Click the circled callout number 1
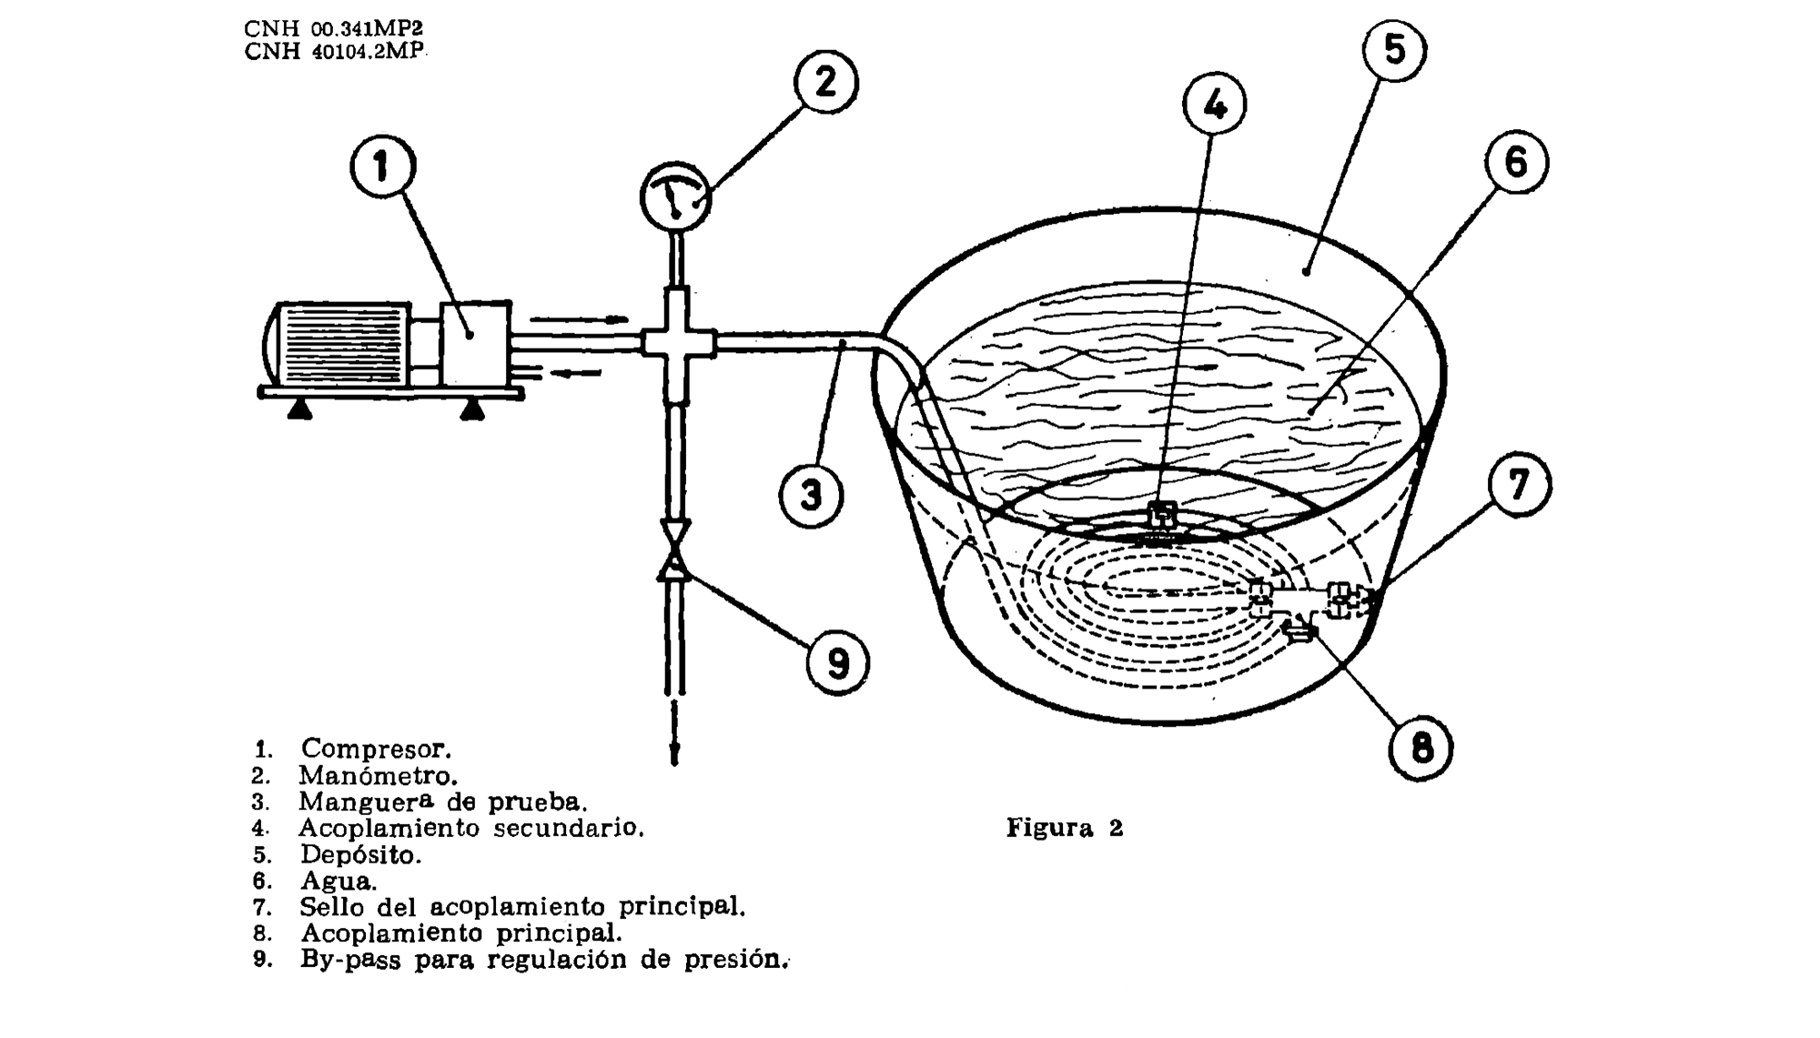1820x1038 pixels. (x=382, y=166)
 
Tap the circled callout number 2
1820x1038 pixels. (x=826, y=82)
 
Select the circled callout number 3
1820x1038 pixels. (x=811, y=496)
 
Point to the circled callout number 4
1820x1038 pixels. (x=1215, y=105)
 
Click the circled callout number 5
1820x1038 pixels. (x=1395, y=49)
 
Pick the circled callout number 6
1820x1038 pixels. (x=1516, y=162)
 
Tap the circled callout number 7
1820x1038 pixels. (x=1520, y=485)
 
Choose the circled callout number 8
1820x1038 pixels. (x=1421, y=749)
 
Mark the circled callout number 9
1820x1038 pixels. (x=838, y=664)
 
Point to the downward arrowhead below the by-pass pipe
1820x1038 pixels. (x=675, y=754)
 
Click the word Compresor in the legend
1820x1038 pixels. (x=376, y=749)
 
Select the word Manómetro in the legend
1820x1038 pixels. (x=378, y=776)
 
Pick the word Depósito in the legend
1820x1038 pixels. (x=360, y=855)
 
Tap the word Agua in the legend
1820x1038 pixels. (x=339, y=882)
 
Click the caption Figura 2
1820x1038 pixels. (x=1065, y=828)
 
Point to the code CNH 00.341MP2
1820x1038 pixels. (x=334, y=29)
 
